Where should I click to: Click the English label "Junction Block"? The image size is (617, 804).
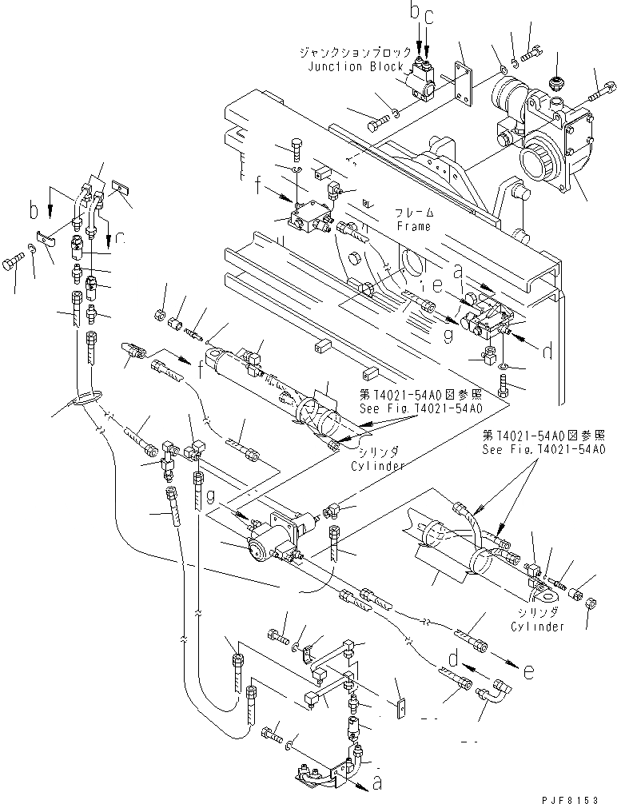(356, 67)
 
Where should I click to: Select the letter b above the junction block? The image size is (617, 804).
(414, 10)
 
